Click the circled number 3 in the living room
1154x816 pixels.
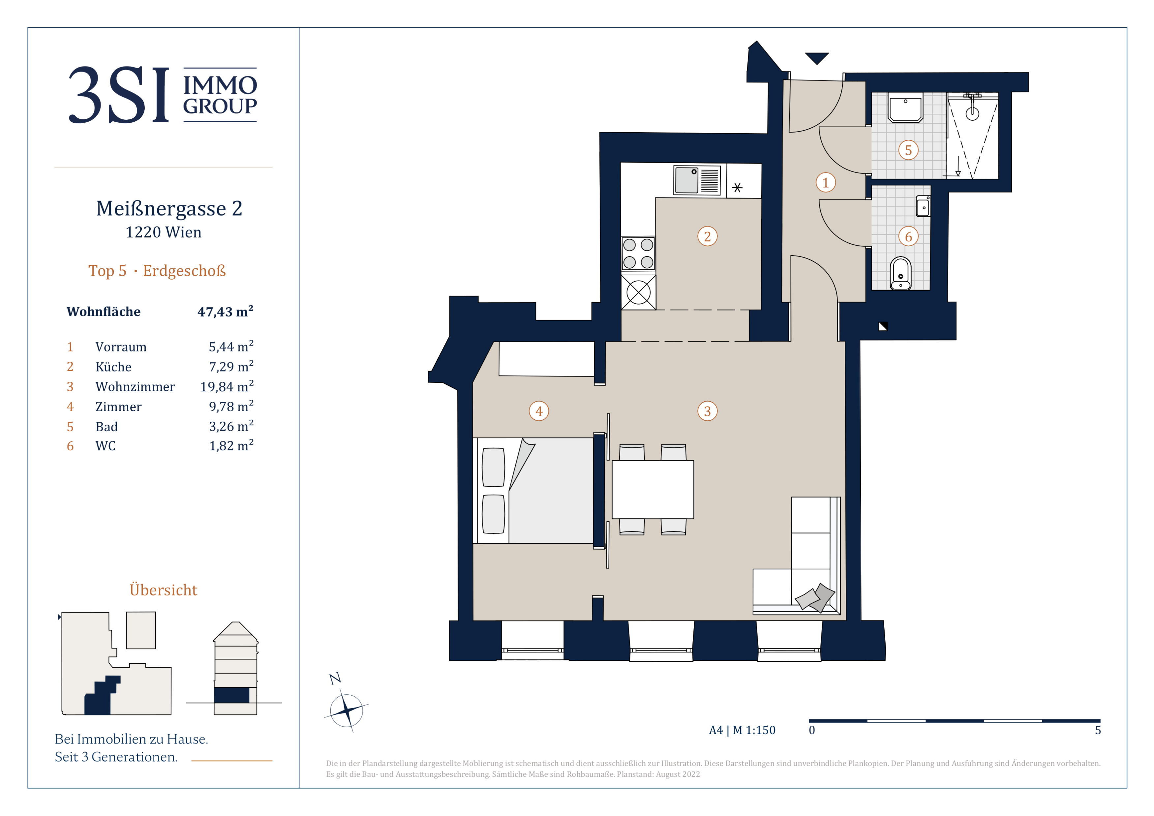pos(707,411)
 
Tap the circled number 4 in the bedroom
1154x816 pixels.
pos(539,411)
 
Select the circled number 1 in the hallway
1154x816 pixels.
pos(825,182)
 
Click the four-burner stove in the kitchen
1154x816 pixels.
pos(638,254)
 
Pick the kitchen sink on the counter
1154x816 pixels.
pos(697,180)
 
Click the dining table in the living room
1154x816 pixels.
pos(653,489)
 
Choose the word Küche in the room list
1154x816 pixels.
pos(114,367)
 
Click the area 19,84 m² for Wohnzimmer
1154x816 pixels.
pos(227,386)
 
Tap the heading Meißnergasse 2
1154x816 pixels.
pos(169,208)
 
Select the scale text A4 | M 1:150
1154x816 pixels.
pos(742,730)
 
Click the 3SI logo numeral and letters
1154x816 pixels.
pos(119,95)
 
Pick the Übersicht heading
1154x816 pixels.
pos(163,589)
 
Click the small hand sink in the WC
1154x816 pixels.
pos(923,206)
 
